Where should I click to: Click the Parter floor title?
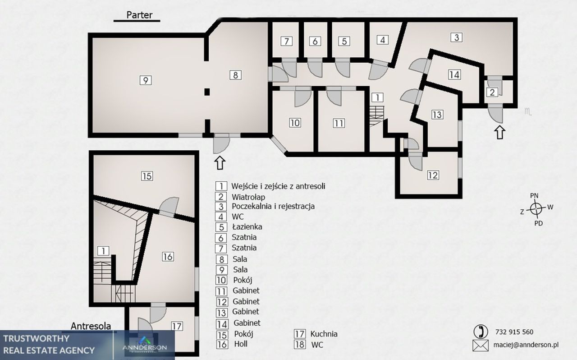click(x=139, y=15)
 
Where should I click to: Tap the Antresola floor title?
click(x=91, y=326)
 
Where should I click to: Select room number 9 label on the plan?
click(x=146, y=80)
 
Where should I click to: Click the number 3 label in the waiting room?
click(x=457, y=37)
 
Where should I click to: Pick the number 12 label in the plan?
click(x=433, y=175)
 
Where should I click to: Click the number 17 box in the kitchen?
click(x=177, y=326)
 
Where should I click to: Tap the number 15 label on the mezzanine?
click(x=147, y=176)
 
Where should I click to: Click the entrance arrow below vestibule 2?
click(x=499, y=132)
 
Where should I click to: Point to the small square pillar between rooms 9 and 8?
click(x=207, y=92)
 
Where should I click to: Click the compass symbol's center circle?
click(x=536, y=208)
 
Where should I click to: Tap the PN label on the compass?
click(x=534, y=196)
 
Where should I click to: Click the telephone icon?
click(x=481, y=332)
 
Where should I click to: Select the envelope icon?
click(x=481, y=346)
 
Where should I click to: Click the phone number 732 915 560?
click(x=514, y=332)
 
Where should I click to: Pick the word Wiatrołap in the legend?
click(x=248, y=197)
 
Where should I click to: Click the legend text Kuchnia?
click(x=324, y=334)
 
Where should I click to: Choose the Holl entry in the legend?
click(x=241, y=344)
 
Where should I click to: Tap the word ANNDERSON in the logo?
click(x=145, y=348)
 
